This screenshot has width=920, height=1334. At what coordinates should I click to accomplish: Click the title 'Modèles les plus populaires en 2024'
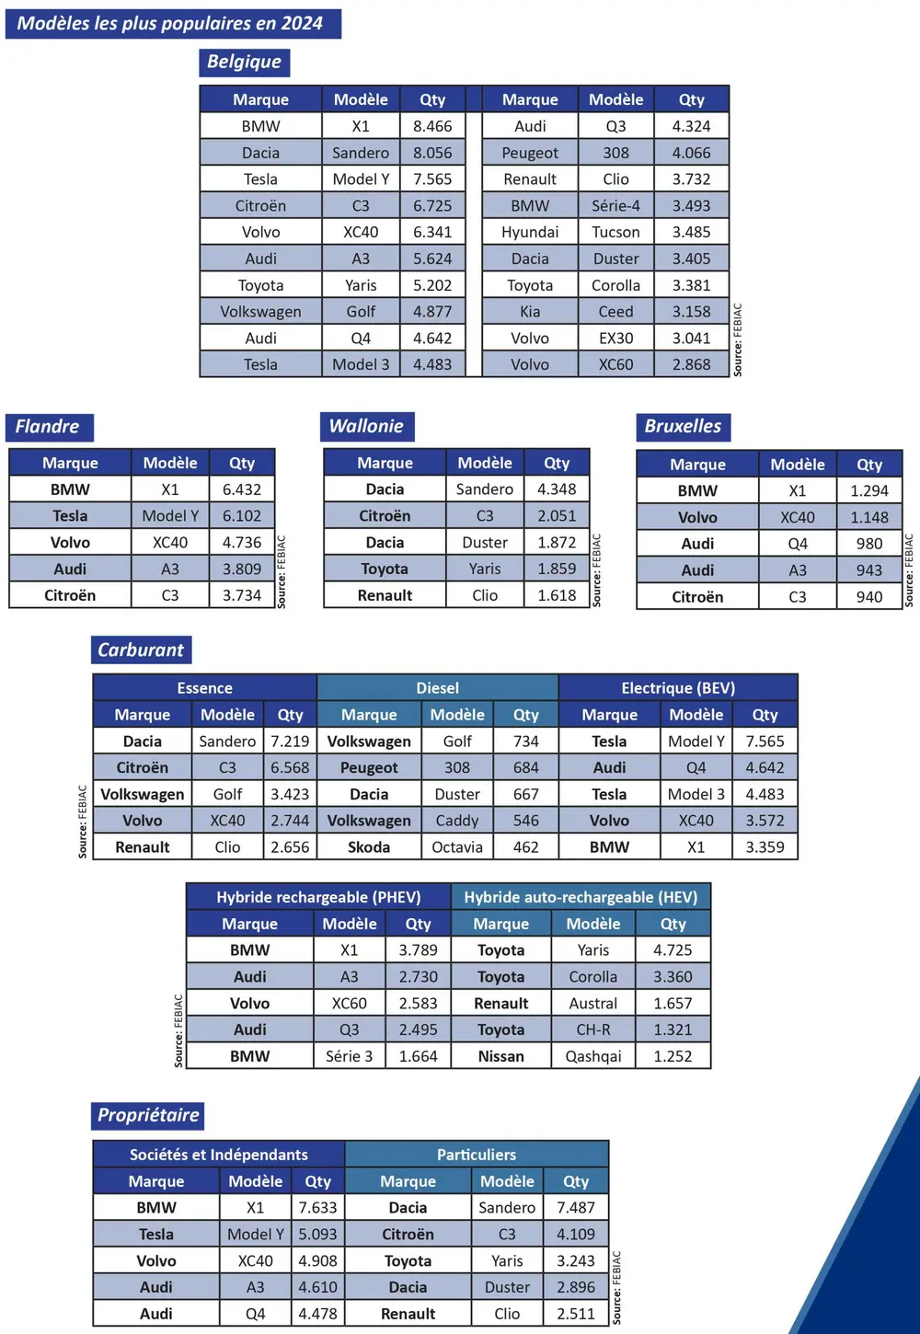(x=171, y=24)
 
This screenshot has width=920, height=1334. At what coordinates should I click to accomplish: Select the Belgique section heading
(x=244, y=62)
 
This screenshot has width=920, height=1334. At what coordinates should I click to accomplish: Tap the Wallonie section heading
(x=366, y=426)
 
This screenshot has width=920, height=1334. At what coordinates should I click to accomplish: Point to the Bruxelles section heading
(x=683, y=426)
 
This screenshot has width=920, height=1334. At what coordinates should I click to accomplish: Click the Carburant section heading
(x=141, y=650)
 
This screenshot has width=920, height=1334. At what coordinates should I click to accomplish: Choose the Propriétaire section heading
(x=148, y=1115)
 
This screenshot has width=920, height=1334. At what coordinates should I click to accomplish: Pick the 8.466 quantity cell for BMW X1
(x=432, y=126)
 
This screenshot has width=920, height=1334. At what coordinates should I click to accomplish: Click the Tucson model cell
(x=615, y=232)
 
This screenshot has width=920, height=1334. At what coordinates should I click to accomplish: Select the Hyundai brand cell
(x=530, y=232)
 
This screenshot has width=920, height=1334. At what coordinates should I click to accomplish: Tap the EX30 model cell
(x=615, y=338)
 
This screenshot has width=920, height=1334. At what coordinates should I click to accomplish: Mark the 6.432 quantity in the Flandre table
(x=242, y=489)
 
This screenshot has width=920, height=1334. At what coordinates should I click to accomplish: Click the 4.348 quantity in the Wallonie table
(x=557, y=489)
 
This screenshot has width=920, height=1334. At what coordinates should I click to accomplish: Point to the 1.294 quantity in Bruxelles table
(x=868, y=491)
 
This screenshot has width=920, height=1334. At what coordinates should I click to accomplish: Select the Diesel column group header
(x=437, y=688)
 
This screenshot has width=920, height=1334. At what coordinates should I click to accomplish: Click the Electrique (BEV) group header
(x=678, y=688)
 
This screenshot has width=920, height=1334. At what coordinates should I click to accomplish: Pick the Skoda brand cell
(x=369, y=847)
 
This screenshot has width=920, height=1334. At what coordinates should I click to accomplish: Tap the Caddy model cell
(x=457, y=821)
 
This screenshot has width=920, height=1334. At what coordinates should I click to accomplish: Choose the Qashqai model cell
(x=593, y=1056)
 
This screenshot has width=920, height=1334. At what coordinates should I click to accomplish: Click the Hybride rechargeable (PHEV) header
(x=318, y=897)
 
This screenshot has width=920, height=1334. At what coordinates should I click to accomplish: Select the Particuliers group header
(x=477, y=1155)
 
